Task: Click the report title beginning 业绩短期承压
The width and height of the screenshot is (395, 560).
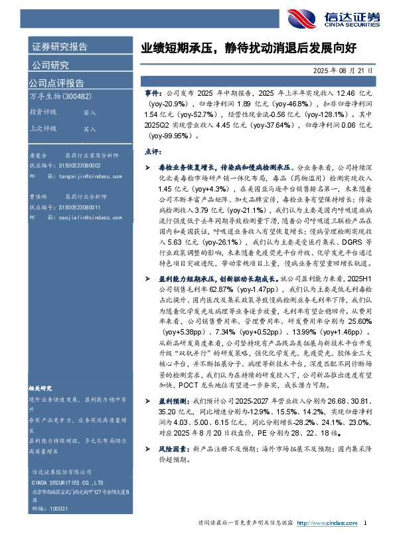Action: tap(248, 48)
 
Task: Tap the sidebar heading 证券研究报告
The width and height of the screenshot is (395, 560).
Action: tap(59, 47)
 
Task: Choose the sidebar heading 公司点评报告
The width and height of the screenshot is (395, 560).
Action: tap(56, 83)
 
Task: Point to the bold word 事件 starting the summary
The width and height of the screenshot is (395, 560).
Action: tap(152, 96)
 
